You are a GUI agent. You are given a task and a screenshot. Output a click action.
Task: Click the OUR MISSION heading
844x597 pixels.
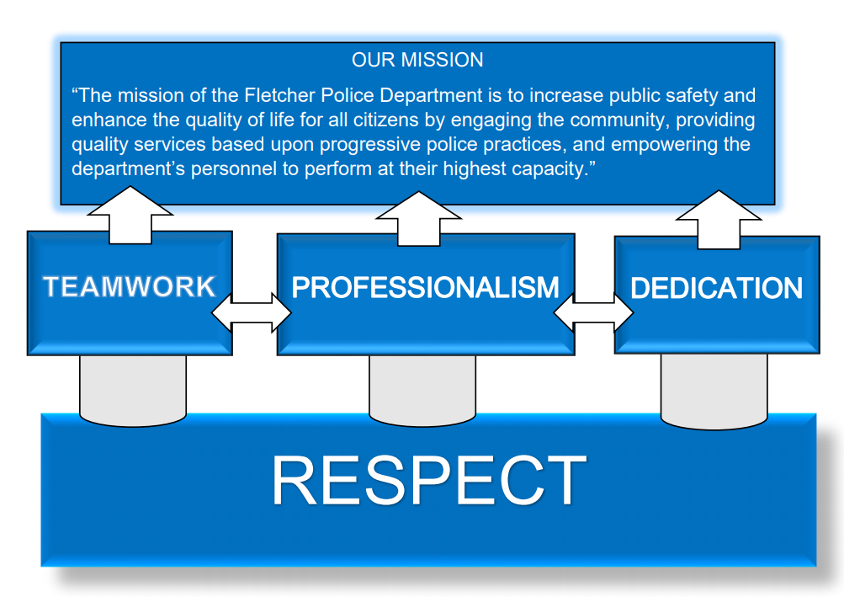pos(417,60)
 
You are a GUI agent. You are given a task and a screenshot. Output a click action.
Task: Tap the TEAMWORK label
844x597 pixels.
pos(130,286)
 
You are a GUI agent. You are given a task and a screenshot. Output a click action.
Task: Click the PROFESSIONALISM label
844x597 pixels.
pos(425,287)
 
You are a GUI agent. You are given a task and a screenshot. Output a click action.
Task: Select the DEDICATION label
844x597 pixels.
pos(716,288)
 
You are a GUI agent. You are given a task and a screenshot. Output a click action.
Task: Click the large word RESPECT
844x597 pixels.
pos(429,480)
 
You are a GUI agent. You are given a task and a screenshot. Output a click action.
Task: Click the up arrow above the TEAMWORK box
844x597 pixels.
pos(130,215)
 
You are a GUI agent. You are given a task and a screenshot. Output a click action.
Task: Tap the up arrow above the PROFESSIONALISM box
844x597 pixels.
pos(419,219)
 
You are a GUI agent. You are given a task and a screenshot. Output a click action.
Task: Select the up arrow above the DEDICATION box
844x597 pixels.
pos(719,219)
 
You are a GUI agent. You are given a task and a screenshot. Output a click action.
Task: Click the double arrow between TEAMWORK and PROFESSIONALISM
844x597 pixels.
pos(252,312)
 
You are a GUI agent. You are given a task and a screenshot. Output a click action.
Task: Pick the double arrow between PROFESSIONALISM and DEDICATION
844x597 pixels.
pos(593,312)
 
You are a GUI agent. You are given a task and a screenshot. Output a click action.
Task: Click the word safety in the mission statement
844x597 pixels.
pos(692,95)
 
